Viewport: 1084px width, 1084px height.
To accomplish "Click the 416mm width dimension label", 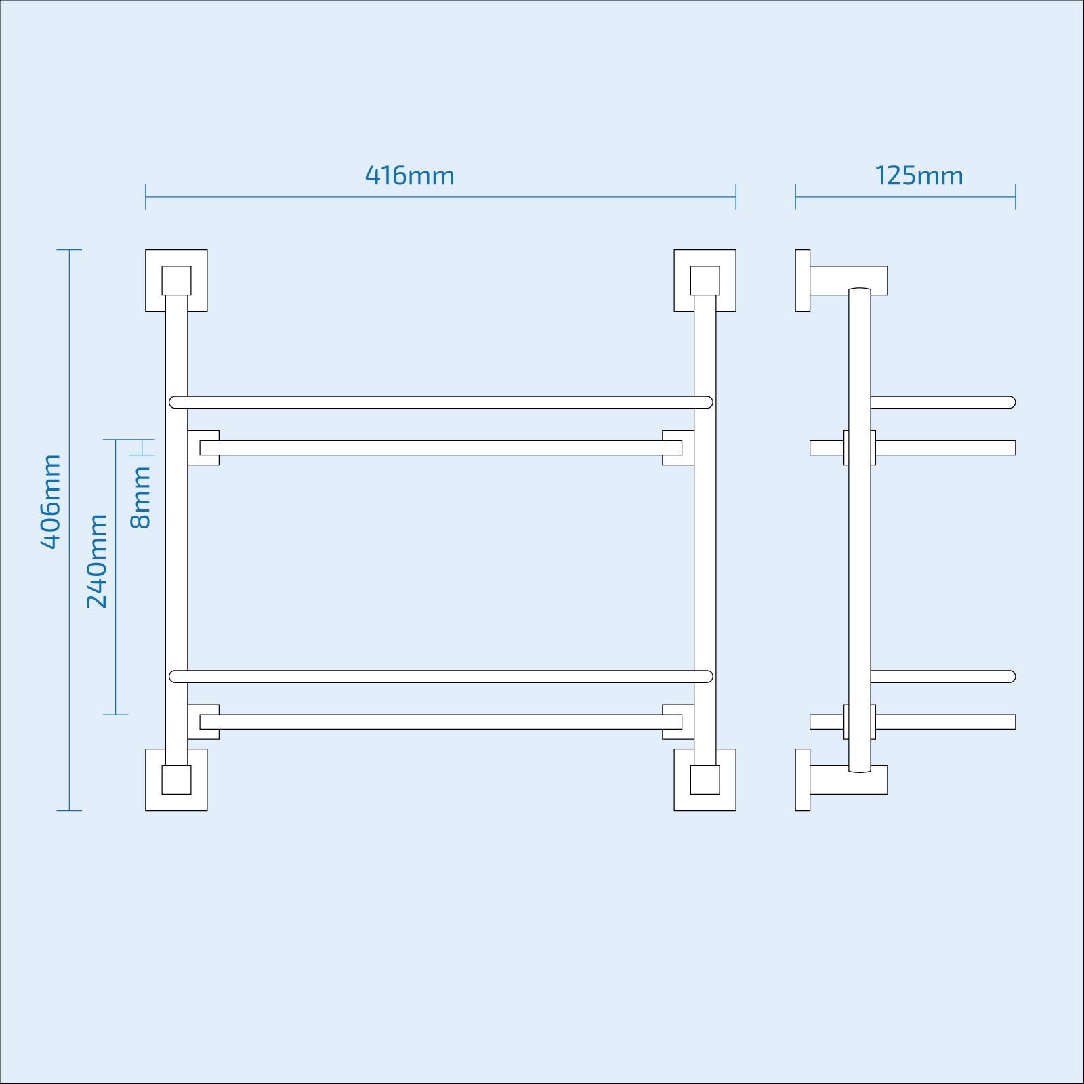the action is (x=410, y=175).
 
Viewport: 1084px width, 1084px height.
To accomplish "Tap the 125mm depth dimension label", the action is (x=919, y=175).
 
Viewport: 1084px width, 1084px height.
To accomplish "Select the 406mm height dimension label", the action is (x=51, y=502).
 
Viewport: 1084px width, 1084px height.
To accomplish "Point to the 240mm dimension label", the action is (x=97, y=561).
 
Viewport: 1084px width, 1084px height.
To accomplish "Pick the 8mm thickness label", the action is (x=140, y=497).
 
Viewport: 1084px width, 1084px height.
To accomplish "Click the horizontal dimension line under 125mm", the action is (x=905, y=197).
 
